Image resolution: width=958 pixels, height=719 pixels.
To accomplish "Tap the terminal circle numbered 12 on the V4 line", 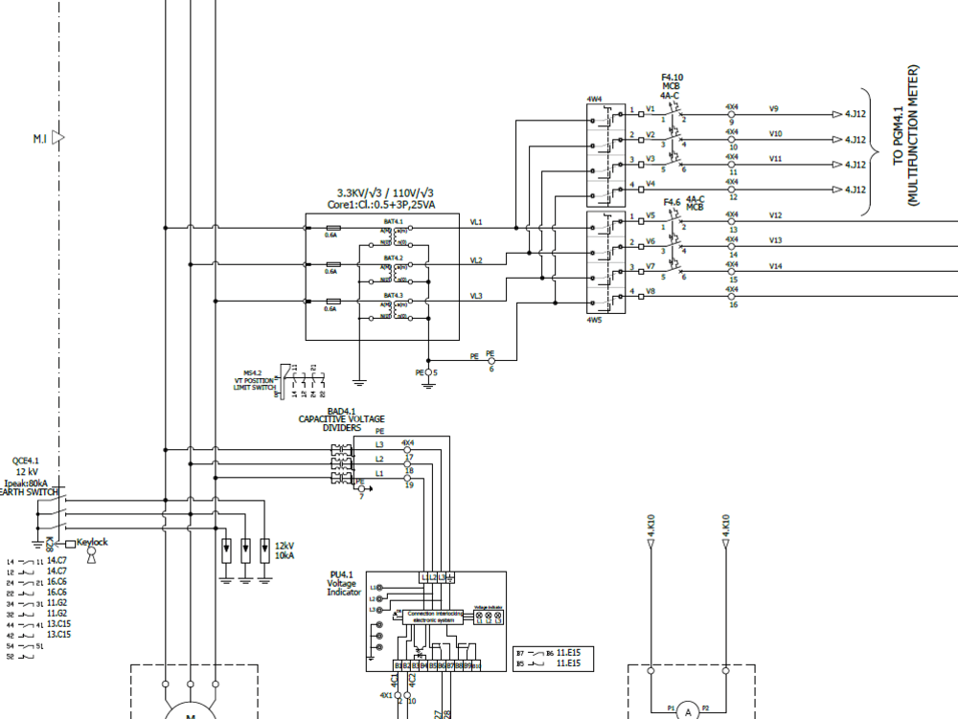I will click(x=733, y=190).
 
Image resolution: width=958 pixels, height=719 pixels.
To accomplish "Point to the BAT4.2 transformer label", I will click(x=394, y=258).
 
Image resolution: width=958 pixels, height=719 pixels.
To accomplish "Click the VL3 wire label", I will click(x=476, y=297).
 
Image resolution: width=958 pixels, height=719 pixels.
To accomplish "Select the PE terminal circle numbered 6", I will click(x=491, y=361).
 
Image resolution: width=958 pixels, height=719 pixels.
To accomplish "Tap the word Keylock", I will click(x=93, y=542).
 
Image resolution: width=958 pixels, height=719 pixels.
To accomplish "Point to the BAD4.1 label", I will click(x=341, y=411).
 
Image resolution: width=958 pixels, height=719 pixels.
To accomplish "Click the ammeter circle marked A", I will click(x=686, y=710).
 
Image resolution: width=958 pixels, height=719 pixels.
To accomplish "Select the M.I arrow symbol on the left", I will click(x=57, y=139).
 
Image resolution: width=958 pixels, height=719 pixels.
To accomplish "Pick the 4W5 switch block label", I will click(x=594, y=320).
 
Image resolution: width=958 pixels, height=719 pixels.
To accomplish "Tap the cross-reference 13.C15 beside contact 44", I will click(x=57, y=635).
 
